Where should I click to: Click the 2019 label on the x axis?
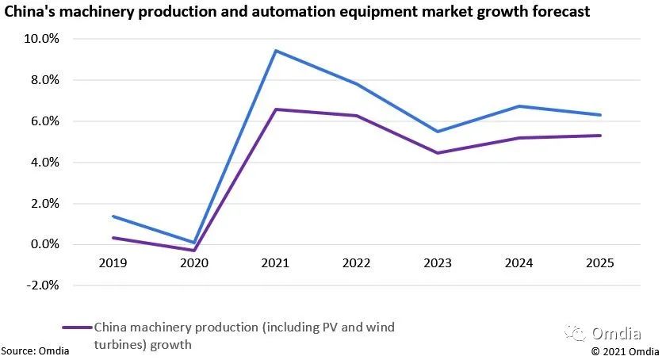click(x=113, y=262)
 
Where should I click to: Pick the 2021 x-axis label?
click(x=275, y=262)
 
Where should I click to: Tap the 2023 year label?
click(x=438, y=262)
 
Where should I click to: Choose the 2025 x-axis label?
click(x=600, y=262)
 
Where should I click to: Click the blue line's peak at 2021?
click(x=275, y=51)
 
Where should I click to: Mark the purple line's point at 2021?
click(x=275, y=109)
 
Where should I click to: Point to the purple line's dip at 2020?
click(x=194, y=251)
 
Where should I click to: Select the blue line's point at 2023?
click(x=438, y=132)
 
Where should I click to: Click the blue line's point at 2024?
click(x=519, y=106)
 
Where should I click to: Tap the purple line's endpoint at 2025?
click(x=600, y=136)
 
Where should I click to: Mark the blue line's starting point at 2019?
click(x=113, y=216)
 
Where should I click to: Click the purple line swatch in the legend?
click(x=76, y=327)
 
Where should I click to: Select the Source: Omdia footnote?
click(x=34, y=350)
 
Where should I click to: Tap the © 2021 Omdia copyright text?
click(x=625, y=350)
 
